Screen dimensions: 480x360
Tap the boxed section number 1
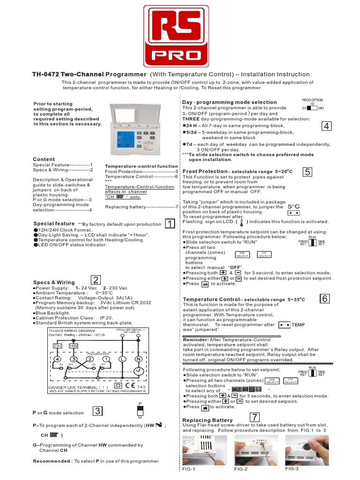(170, 224)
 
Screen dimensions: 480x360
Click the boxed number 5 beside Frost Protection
(307, 172)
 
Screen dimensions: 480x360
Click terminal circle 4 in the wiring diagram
(57, 359)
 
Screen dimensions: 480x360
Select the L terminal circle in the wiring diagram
(122, 359)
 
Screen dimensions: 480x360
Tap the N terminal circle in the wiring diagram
(138, 359)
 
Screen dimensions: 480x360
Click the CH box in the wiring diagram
(57, 345)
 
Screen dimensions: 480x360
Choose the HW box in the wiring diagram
(74, 345)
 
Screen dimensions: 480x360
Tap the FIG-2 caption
(240, 469)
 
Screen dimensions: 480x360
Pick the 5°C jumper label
(293, 206)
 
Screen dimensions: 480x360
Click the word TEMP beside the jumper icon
(298, 324)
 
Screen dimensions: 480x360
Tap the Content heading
(44, 159)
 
